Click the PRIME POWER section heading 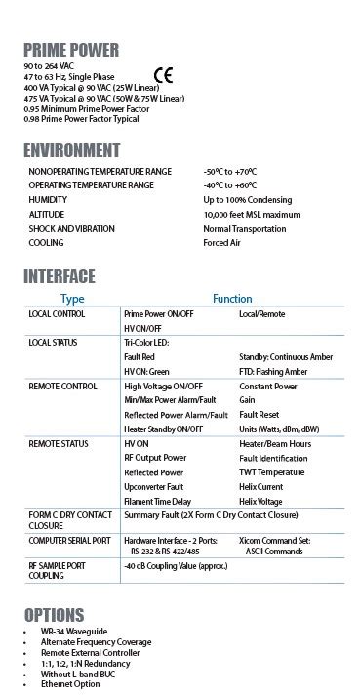pyautogui.click(x=71, y=50)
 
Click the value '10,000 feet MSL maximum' pyautogui.click(x=252, y=214)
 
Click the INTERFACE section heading pyautogui.click(x=60, y=276)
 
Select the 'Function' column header pyautogui.click(x=232, y=299)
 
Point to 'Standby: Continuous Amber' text pyautogui.click(x=287, y=358)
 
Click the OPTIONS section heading pyautogui.click(x=56, y=615)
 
